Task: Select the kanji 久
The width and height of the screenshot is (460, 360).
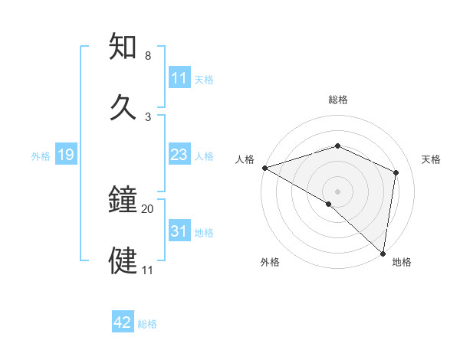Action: coord(124,107)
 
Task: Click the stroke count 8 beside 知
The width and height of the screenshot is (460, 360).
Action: coord(148,56)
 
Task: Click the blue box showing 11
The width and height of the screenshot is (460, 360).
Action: coord(179,78)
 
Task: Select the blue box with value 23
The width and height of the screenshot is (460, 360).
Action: coord(179,155)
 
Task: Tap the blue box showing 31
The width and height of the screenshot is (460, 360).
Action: coord(179,231)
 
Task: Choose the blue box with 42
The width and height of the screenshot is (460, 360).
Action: coord(123,322)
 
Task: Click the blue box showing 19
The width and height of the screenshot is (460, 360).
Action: coord(66,155)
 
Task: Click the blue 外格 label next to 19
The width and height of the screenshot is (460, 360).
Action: coord(41,156)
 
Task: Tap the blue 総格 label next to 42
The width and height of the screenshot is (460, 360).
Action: coord(147,324)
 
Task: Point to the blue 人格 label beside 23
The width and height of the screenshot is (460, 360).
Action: coord(204,156)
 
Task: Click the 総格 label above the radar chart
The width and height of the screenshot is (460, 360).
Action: coord(337,100)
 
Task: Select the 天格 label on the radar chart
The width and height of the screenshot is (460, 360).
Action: coord(432,159)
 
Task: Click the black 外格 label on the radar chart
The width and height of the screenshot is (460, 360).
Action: coord(270,262)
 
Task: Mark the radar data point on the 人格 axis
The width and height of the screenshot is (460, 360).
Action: coord(264,168)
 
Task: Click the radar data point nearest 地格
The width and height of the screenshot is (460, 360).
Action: coord(383,254)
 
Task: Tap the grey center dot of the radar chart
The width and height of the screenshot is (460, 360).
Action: coord(337,191)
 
